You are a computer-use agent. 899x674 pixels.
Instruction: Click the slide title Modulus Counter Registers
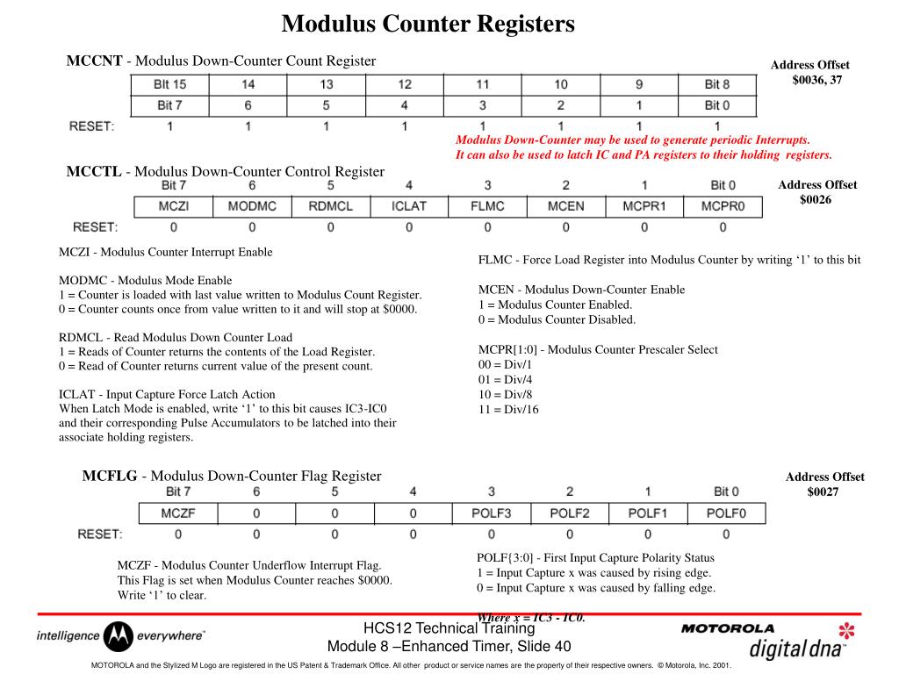(x=428, y=24)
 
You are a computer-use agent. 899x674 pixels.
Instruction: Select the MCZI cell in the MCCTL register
(x=173, y=206)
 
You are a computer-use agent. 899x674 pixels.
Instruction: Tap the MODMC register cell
(x=252, y=206)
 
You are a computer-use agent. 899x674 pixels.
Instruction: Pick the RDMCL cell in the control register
(x=330, y=206)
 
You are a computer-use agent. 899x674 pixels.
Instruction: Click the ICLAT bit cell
(x=408, y=206)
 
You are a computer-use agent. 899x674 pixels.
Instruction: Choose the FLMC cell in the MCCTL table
(x=487, y=206)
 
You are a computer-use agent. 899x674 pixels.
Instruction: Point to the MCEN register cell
(x=565, y=206)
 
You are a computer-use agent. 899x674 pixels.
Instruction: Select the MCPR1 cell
(x=644, y=206)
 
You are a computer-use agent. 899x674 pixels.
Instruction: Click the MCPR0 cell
(x=723, y=206)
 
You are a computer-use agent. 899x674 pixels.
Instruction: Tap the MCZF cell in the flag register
(x=178, y=513)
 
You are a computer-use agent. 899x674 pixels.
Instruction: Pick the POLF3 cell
(x=492, y=513)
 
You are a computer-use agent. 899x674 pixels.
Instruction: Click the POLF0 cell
(x=726, y=513)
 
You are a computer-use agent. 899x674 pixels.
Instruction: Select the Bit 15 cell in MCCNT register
(x=170, y=84)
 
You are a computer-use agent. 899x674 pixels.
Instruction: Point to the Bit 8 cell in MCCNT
(x=717, y=84)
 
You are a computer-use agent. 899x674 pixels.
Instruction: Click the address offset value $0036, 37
(x=817, y=79)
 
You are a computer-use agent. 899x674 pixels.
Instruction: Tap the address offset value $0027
(x=823, y=491)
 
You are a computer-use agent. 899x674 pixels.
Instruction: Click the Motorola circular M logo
(x=119, y=636)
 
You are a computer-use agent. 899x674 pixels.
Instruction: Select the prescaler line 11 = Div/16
(x=509, y=409)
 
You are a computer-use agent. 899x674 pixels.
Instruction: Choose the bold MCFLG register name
(x=110, y=476)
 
